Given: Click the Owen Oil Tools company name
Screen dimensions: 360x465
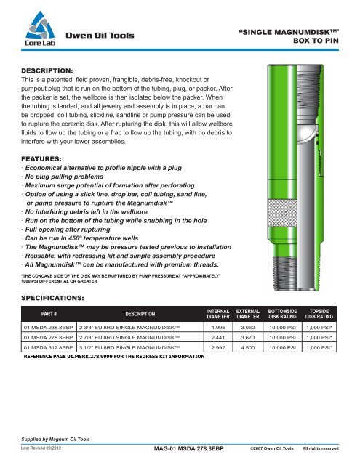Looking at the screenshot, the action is coord(100,36).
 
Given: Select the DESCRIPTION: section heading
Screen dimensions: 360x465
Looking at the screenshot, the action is coord(47,71).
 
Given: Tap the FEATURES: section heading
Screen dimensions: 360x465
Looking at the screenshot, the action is coord(41,159).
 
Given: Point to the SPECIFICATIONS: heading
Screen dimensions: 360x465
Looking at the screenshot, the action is coord(52,298).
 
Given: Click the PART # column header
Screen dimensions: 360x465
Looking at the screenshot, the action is coord(49,314).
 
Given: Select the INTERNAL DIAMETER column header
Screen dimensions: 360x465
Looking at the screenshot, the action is coord(218,314).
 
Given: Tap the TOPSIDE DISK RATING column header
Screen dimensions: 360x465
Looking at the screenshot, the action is coord(319,314).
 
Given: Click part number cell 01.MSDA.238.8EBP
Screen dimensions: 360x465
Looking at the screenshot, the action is coord(49,328).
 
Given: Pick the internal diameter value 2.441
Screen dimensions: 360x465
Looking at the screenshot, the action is coord(218,337).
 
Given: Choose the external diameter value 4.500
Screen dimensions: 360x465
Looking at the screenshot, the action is coord(248,347).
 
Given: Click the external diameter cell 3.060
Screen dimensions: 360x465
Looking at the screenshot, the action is coord(248,328).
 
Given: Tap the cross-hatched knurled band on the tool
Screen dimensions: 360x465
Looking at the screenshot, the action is coord(282,213).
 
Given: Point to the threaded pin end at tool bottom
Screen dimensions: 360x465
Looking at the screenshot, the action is coord(284,273).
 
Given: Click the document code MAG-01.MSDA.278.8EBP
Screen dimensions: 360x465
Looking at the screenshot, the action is coord(189,449).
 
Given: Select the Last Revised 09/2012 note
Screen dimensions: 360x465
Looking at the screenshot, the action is coord(41,448).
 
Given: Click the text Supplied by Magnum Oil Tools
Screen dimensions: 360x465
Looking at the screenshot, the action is coord(55,439).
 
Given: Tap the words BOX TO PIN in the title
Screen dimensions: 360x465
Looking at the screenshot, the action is coord(316,41).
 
